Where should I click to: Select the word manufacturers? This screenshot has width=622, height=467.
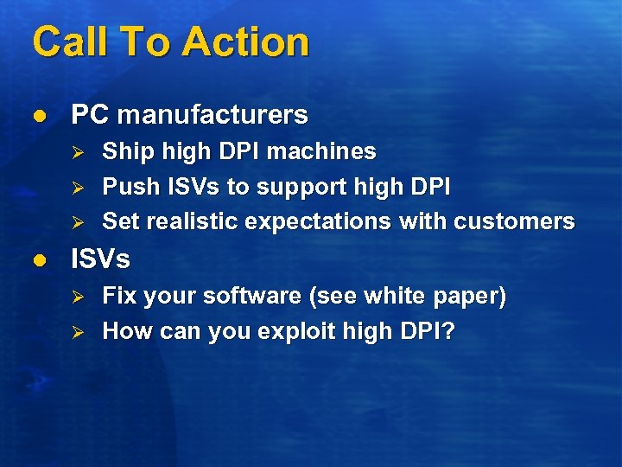coord(213,114)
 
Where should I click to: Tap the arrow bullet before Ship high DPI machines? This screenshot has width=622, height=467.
coord(76,152)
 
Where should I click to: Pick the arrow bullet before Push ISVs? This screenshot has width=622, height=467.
coord(76,188)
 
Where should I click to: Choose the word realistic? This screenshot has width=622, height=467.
coord(193,221)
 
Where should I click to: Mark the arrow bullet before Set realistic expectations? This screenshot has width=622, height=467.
coord(76,222)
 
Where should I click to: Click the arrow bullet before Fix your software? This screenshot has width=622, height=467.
coord(76,297)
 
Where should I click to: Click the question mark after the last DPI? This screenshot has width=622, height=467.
coord(448,331)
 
